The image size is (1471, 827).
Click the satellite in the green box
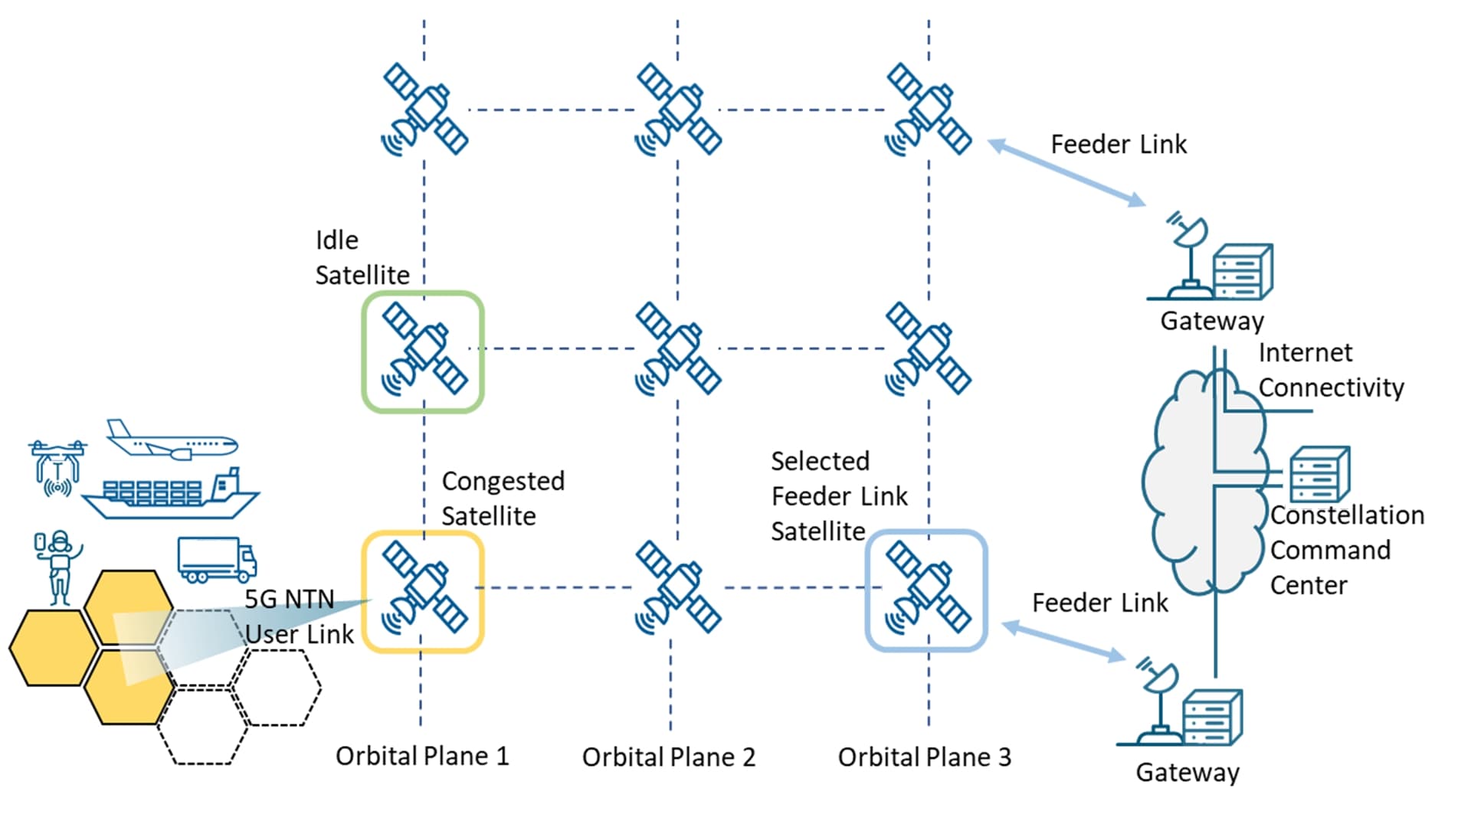click(424, 351)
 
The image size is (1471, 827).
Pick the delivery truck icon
click(217, 559)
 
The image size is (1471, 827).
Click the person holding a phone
click(57, 567)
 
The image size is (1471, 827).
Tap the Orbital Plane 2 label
click(668, 757)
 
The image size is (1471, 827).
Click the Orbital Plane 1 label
click(422, 757)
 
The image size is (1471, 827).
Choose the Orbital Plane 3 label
click(924, 757)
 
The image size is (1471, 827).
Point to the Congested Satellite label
click(503, 498)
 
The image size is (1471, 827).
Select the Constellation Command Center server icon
click(1319, 475)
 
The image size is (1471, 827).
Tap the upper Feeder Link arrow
click(1066, 173)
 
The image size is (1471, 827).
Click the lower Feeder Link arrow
click(1063, 642)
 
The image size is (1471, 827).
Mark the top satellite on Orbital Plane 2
click(677, 110)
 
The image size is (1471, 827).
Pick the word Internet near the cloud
click(1305, 353)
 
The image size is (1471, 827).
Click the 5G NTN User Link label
click(299, 616)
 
